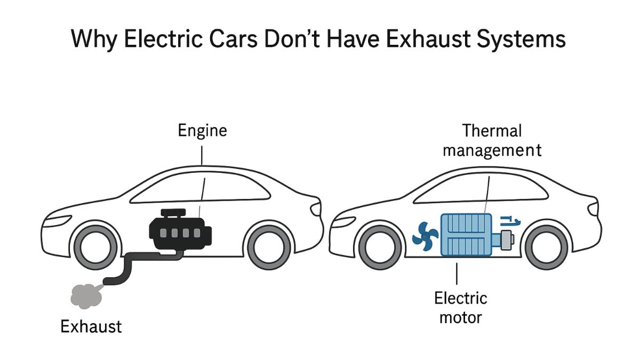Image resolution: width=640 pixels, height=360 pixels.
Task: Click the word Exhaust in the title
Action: tap(429, 40)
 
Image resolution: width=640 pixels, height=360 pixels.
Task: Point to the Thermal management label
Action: tap(492, 140)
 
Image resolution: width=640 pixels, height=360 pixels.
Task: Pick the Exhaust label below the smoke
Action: tap(91, 326)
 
